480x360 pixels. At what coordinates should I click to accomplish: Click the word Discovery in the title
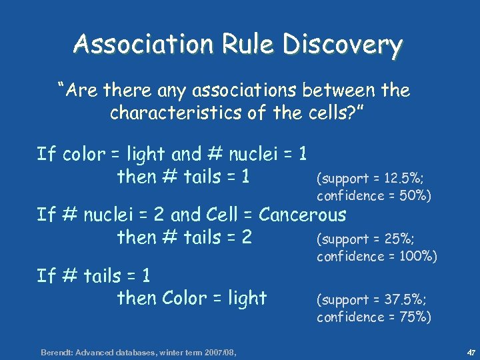point(343,45)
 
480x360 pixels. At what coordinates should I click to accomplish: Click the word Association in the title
point(141,45)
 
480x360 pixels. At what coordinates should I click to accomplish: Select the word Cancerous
point(303,215)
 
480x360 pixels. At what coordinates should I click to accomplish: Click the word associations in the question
point(252,89)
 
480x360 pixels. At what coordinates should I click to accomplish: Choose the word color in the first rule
point(83,155)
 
